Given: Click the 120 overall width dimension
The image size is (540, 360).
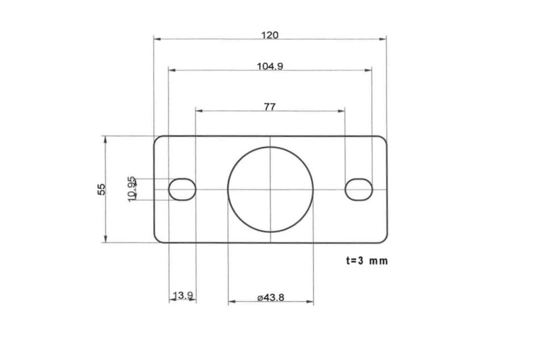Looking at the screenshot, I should tap(269, 35).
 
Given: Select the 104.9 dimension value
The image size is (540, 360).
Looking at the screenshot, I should tap(269, 66).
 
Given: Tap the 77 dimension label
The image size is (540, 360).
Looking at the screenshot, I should tap(269, 106).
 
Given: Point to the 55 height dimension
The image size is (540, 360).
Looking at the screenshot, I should tap(102, 189).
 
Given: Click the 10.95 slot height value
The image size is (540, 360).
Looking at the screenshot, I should tap(132, 188).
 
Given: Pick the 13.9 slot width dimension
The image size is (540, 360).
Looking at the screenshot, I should tap(183, 295).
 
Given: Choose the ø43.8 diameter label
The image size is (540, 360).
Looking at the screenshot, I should tap(271, 297).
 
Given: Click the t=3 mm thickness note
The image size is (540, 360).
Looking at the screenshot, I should tap(367, 261).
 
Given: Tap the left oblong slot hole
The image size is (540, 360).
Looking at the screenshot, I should tap(182, 189).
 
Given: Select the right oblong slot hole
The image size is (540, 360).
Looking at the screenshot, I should tap(359, 189).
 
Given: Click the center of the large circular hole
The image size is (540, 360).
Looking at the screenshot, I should tap(271, 189).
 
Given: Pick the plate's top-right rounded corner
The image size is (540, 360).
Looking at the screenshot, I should tap(384, 139).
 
